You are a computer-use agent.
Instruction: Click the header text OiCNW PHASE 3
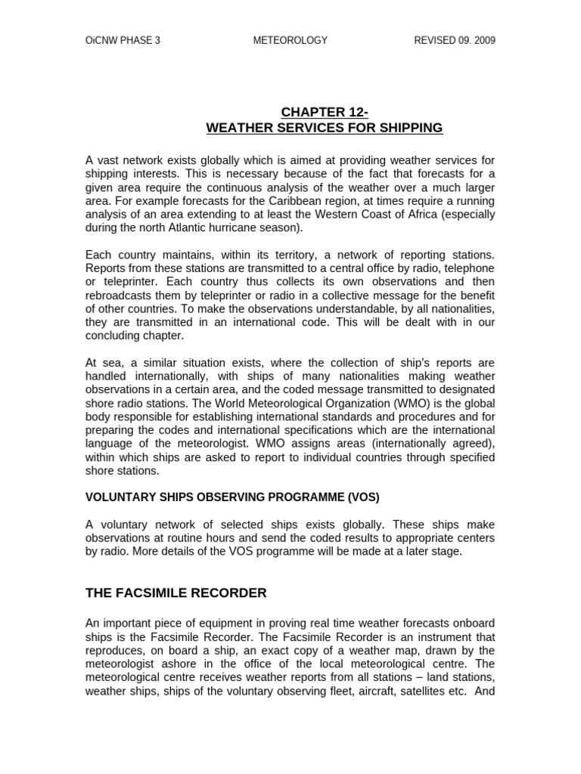(x=123, y=41)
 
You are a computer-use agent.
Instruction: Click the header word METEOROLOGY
(x=290, y=41)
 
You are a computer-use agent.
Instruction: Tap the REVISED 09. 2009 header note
(x=455, y=41)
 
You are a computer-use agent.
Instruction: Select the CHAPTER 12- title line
(x=324, y=113)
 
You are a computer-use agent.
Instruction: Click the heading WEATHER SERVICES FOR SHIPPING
(x=324, y=128)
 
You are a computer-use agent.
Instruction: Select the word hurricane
(x=235, y=227)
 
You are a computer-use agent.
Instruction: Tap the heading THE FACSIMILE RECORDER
(x=176, y=593)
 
